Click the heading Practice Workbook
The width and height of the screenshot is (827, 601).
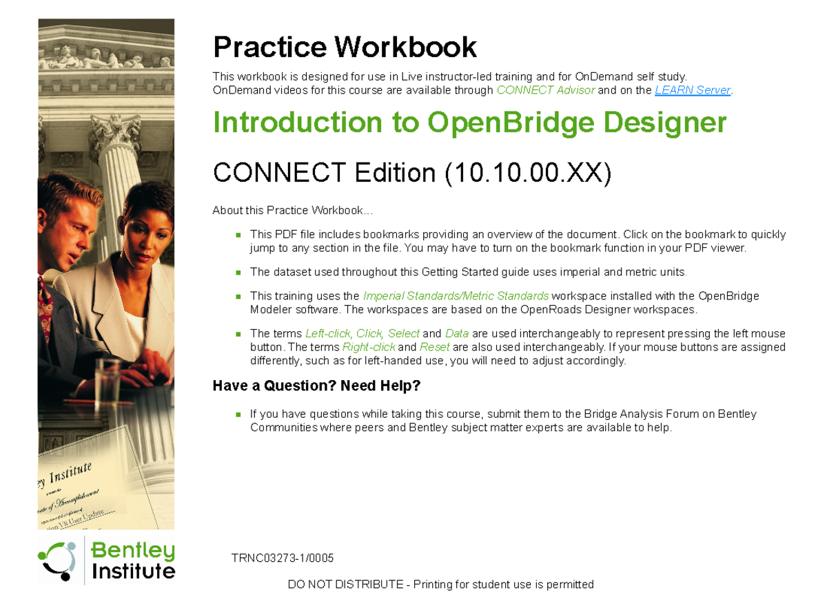345,48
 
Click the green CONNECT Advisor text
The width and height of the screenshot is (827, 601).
545,90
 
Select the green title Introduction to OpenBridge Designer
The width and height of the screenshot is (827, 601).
469,123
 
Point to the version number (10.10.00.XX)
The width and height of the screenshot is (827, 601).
528,173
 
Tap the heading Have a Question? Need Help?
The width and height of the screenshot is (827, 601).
316,386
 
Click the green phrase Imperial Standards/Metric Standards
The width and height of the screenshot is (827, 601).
456,296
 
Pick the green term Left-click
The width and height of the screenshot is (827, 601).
328,333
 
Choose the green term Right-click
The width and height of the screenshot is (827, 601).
369,347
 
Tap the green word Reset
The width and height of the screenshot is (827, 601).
434,347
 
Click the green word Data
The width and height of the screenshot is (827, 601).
457,333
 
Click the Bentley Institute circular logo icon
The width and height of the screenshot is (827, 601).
57,560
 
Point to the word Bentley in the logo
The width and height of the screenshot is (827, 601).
133,551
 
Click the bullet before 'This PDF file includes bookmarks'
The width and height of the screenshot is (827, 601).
238,235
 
